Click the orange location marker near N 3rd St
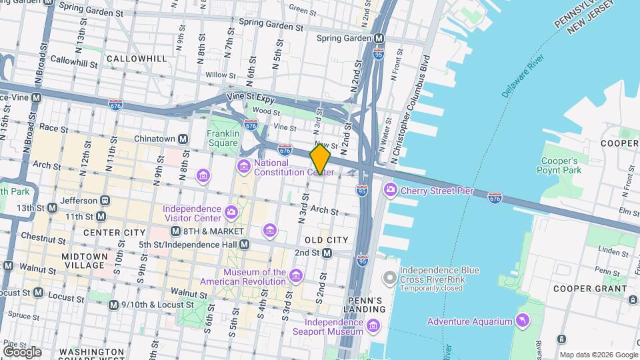click(321, 159)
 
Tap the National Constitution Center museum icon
click(243, 165)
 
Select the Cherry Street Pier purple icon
click(390, 191)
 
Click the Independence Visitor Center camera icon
click(231, 213)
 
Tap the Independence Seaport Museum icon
click(373, 327)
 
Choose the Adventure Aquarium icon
click(522, 321)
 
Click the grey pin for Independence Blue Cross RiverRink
click(390, 275)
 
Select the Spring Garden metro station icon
click(379, 38)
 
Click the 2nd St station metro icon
click(327, 253)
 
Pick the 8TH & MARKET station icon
click(175, 231)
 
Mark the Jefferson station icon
click(105, 200)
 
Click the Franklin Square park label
click(223, 138)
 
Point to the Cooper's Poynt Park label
click(559, 165)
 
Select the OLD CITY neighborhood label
click(326, 239)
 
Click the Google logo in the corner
click(21, 351)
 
